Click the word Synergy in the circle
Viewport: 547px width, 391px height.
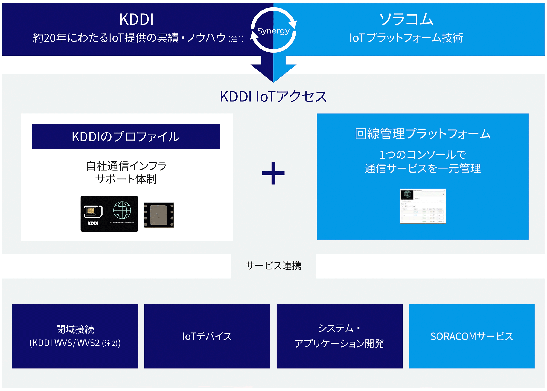coord(273,31)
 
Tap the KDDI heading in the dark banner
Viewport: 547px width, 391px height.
coord(136,19)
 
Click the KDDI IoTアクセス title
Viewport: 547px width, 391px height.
coord(273,97)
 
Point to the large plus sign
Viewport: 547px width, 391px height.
coord(273,173)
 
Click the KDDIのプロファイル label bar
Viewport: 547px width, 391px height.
coord(126,136)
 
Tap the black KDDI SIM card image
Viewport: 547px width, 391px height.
coord(109,214)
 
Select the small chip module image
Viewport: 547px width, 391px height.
coord(159,215)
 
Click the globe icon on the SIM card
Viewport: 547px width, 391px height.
coord(122,210)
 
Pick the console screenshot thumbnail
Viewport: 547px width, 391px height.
coord(423,206)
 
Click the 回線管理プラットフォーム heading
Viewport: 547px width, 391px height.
coord(423,134)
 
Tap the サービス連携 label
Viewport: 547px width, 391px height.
coord(273,265)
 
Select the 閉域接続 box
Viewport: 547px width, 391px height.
coord(75,336)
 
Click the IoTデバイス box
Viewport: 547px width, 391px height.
coord(207,336)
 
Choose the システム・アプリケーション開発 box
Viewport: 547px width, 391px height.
coord(339,336)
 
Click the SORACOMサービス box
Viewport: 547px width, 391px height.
coord(472,336)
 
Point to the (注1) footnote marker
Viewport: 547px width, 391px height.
coord(236,39)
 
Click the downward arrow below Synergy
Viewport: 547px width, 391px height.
coord(273,68)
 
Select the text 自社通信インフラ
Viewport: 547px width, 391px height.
coord(126,166)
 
